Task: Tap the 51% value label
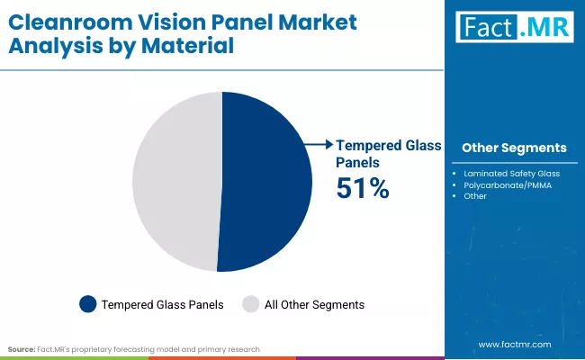tap(363, 188)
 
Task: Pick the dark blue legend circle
tap(87, 304)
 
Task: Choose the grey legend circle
tap(251, 304)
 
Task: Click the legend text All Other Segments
tap(314, 305)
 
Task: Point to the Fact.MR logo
tap(514, 29)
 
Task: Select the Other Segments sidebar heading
tap(513, 148)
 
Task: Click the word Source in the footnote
tap(22, 348)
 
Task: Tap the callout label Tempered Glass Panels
tap(372, 152)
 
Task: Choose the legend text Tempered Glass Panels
tap(161, 305)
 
